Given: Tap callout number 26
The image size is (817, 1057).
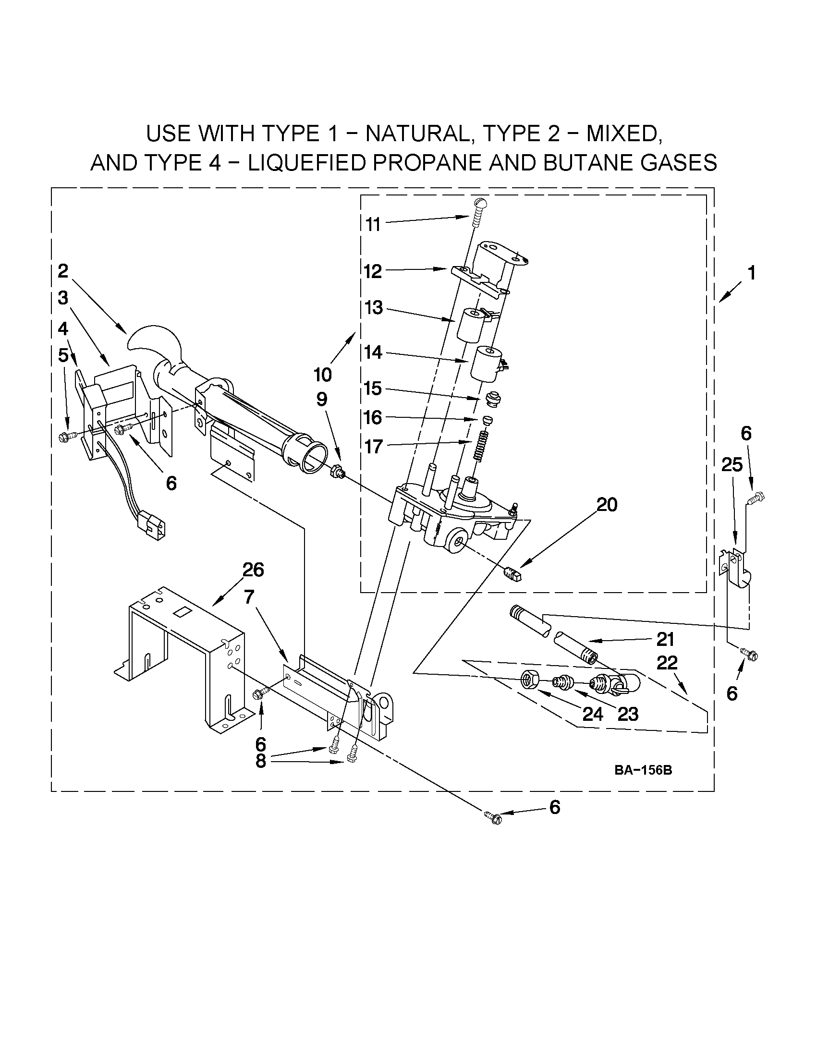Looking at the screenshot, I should [253, 570].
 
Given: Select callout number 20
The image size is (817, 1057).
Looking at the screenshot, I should [607, 505].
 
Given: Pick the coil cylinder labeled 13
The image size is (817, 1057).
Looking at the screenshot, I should [472, 324].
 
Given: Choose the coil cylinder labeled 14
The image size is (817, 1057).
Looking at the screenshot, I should [487, 363].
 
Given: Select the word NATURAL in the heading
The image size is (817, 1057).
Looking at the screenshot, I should [416, 134].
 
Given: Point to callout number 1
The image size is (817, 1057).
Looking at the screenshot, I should [751, 273].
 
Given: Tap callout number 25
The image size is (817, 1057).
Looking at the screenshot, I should [732, 465].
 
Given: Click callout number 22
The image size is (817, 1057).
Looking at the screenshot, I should [667, 663].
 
